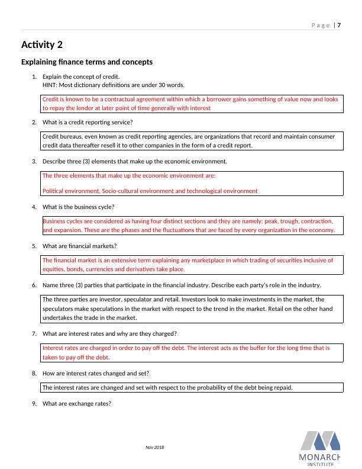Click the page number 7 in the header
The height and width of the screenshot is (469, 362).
pyautogui.click(x=340, y=25)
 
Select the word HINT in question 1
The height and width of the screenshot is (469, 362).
pyautogui.click(x=50, y=85)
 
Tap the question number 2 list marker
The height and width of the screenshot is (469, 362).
pyautogui.click(x=34, y=122)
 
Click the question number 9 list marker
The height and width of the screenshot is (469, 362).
pyautogui.click(x=34, y=404)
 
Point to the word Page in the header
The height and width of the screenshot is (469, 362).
pyautogui.click(x=320, y=25)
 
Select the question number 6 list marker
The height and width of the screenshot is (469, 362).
pyautogui.click(x=34, y=285)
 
